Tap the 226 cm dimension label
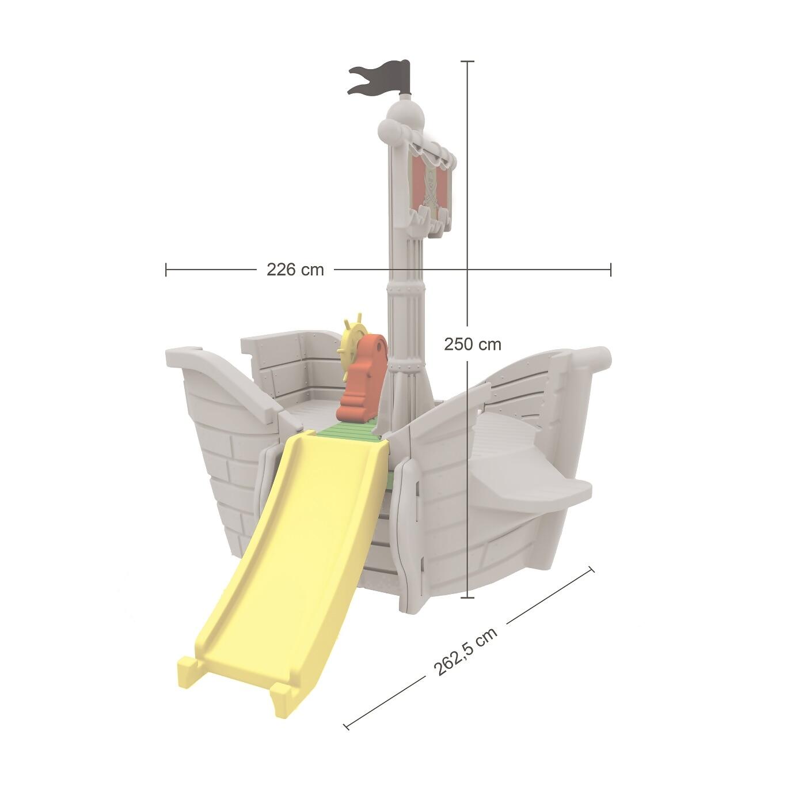(295, 270)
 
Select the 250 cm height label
(473, 344)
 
